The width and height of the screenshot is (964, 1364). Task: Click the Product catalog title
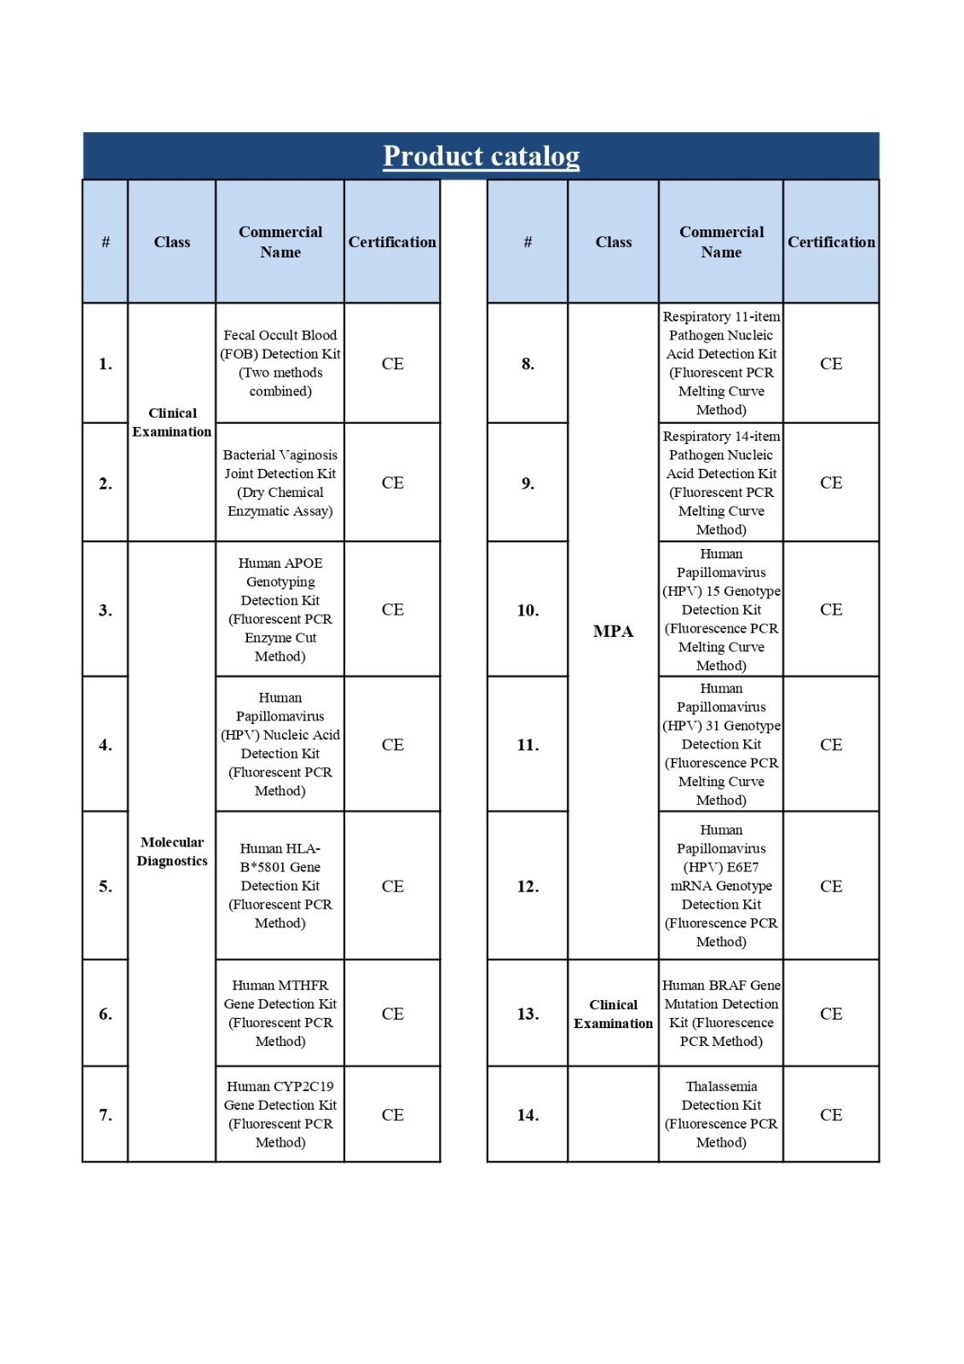481,156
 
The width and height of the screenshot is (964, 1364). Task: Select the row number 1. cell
105,364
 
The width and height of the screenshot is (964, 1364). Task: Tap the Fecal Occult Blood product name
280,363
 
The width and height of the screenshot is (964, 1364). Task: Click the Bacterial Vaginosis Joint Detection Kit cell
280,483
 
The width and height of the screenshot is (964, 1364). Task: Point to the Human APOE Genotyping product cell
280,610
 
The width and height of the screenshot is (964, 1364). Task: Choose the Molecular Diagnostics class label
171,852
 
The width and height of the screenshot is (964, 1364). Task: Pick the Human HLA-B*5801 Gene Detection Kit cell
280,886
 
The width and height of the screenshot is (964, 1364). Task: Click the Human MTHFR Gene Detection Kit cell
280,1013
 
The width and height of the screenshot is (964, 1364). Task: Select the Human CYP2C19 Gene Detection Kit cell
280,1114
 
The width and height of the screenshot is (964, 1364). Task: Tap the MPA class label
613,632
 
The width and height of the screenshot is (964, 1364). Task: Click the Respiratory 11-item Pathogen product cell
721,363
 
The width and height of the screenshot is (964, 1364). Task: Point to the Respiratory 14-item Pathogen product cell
721,483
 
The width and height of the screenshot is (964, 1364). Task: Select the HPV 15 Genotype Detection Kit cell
721,610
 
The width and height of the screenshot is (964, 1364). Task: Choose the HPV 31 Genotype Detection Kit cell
721,744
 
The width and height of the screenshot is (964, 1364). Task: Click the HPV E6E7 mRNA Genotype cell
721,886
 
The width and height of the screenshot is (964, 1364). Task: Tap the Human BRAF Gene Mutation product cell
721,1013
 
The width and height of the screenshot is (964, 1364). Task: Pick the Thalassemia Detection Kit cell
721,1114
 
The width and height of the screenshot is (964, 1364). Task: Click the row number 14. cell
528,1115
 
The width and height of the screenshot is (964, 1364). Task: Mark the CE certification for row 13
831,1014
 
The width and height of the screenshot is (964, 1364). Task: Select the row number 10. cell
528,610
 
